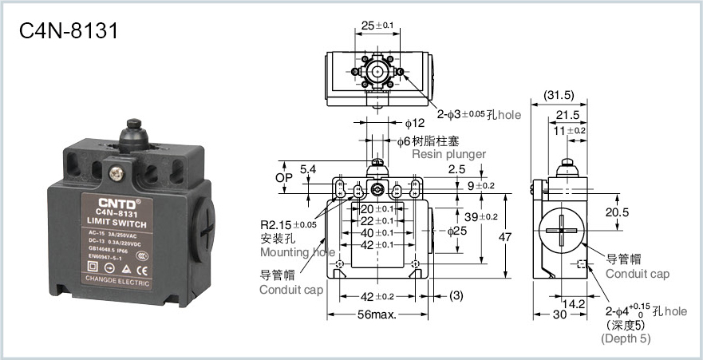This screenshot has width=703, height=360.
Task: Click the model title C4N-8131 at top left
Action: tap(69, 31)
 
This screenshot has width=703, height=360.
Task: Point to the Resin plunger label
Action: tap(448, 154)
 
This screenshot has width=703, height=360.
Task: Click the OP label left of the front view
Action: tap(285, 176)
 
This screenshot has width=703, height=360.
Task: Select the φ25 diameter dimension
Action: tap(456, 231)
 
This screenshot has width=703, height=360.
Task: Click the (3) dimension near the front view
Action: tap(455, 295)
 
